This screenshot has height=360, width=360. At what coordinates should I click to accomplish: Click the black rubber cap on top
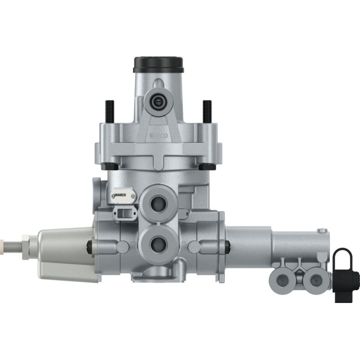[158, 64]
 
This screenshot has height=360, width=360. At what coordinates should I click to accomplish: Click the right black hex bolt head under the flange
[205, 165]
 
